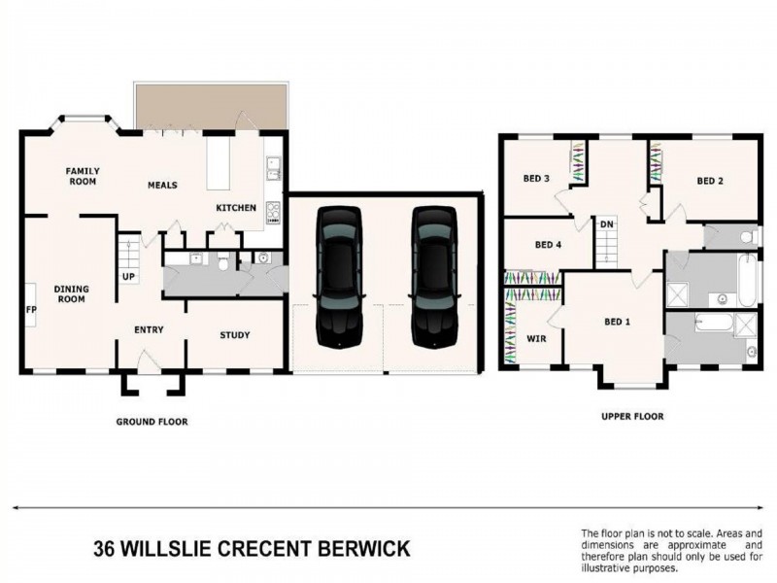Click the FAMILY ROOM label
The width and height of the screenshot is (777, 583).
click(x=83, y=176)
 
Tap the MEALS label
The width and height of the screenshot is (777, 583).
click(x=162, y=185)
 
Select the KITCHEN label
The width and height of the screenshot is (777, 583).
click(x=236, y=208)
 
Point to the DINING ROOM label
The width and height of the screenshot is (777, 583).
click(x=71, y=293)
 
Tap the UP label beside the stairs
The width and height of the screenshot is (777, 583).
click(x=128, y=277)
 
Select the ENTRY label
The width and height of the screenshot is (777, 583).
click(x=149, y=330)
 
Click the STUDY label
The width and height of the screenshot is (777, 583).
click(x=234, y=335)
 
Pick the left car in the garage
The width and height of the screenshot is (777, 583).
click(x=338, y=277)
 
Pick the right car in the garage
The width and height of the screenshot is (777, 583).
click(x=432, y=277)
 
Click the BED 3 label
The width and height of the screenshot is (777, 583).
click(x=536, y=179)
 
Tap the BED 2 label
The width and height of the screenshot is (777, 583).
click(x=710, y=181)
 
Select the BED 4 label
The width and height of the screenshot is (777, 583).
click(x=548, y=245)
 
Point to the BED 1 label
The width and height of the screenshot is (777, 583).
click(x=618, y=322)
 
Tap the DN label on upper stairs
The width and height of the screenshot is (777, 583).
click(x=606, y=224)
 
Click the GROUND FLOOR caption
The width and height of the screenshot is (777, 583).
click(x=152, y=422)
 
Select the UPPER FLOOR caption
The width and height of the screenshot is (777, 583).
click(x=632, y=416)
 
